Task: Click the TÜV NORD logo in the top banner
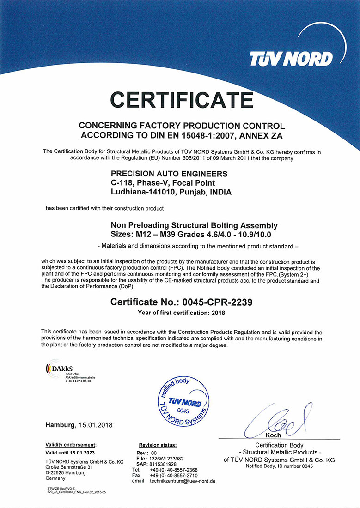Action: point(291,59)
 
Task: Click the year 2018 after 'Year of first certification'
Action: point(217,313)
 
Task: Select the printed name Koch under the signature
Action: point(273,435)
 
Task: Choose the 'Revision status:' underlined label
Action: point(158,445)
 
